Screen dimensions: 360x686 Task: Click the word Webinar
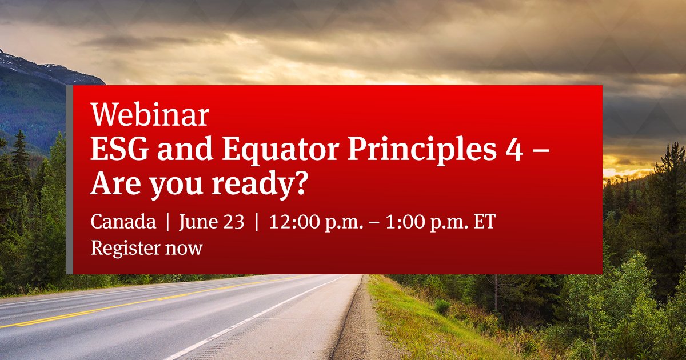[150, 117]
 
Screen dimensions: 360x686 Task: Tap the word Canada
[123, 222]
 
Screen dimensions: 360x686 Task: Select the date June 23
[211, 222]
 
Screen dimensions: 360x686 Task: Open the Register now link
[146, 248]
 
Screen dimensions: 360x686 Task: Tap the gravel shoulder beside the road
[357, 331]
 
